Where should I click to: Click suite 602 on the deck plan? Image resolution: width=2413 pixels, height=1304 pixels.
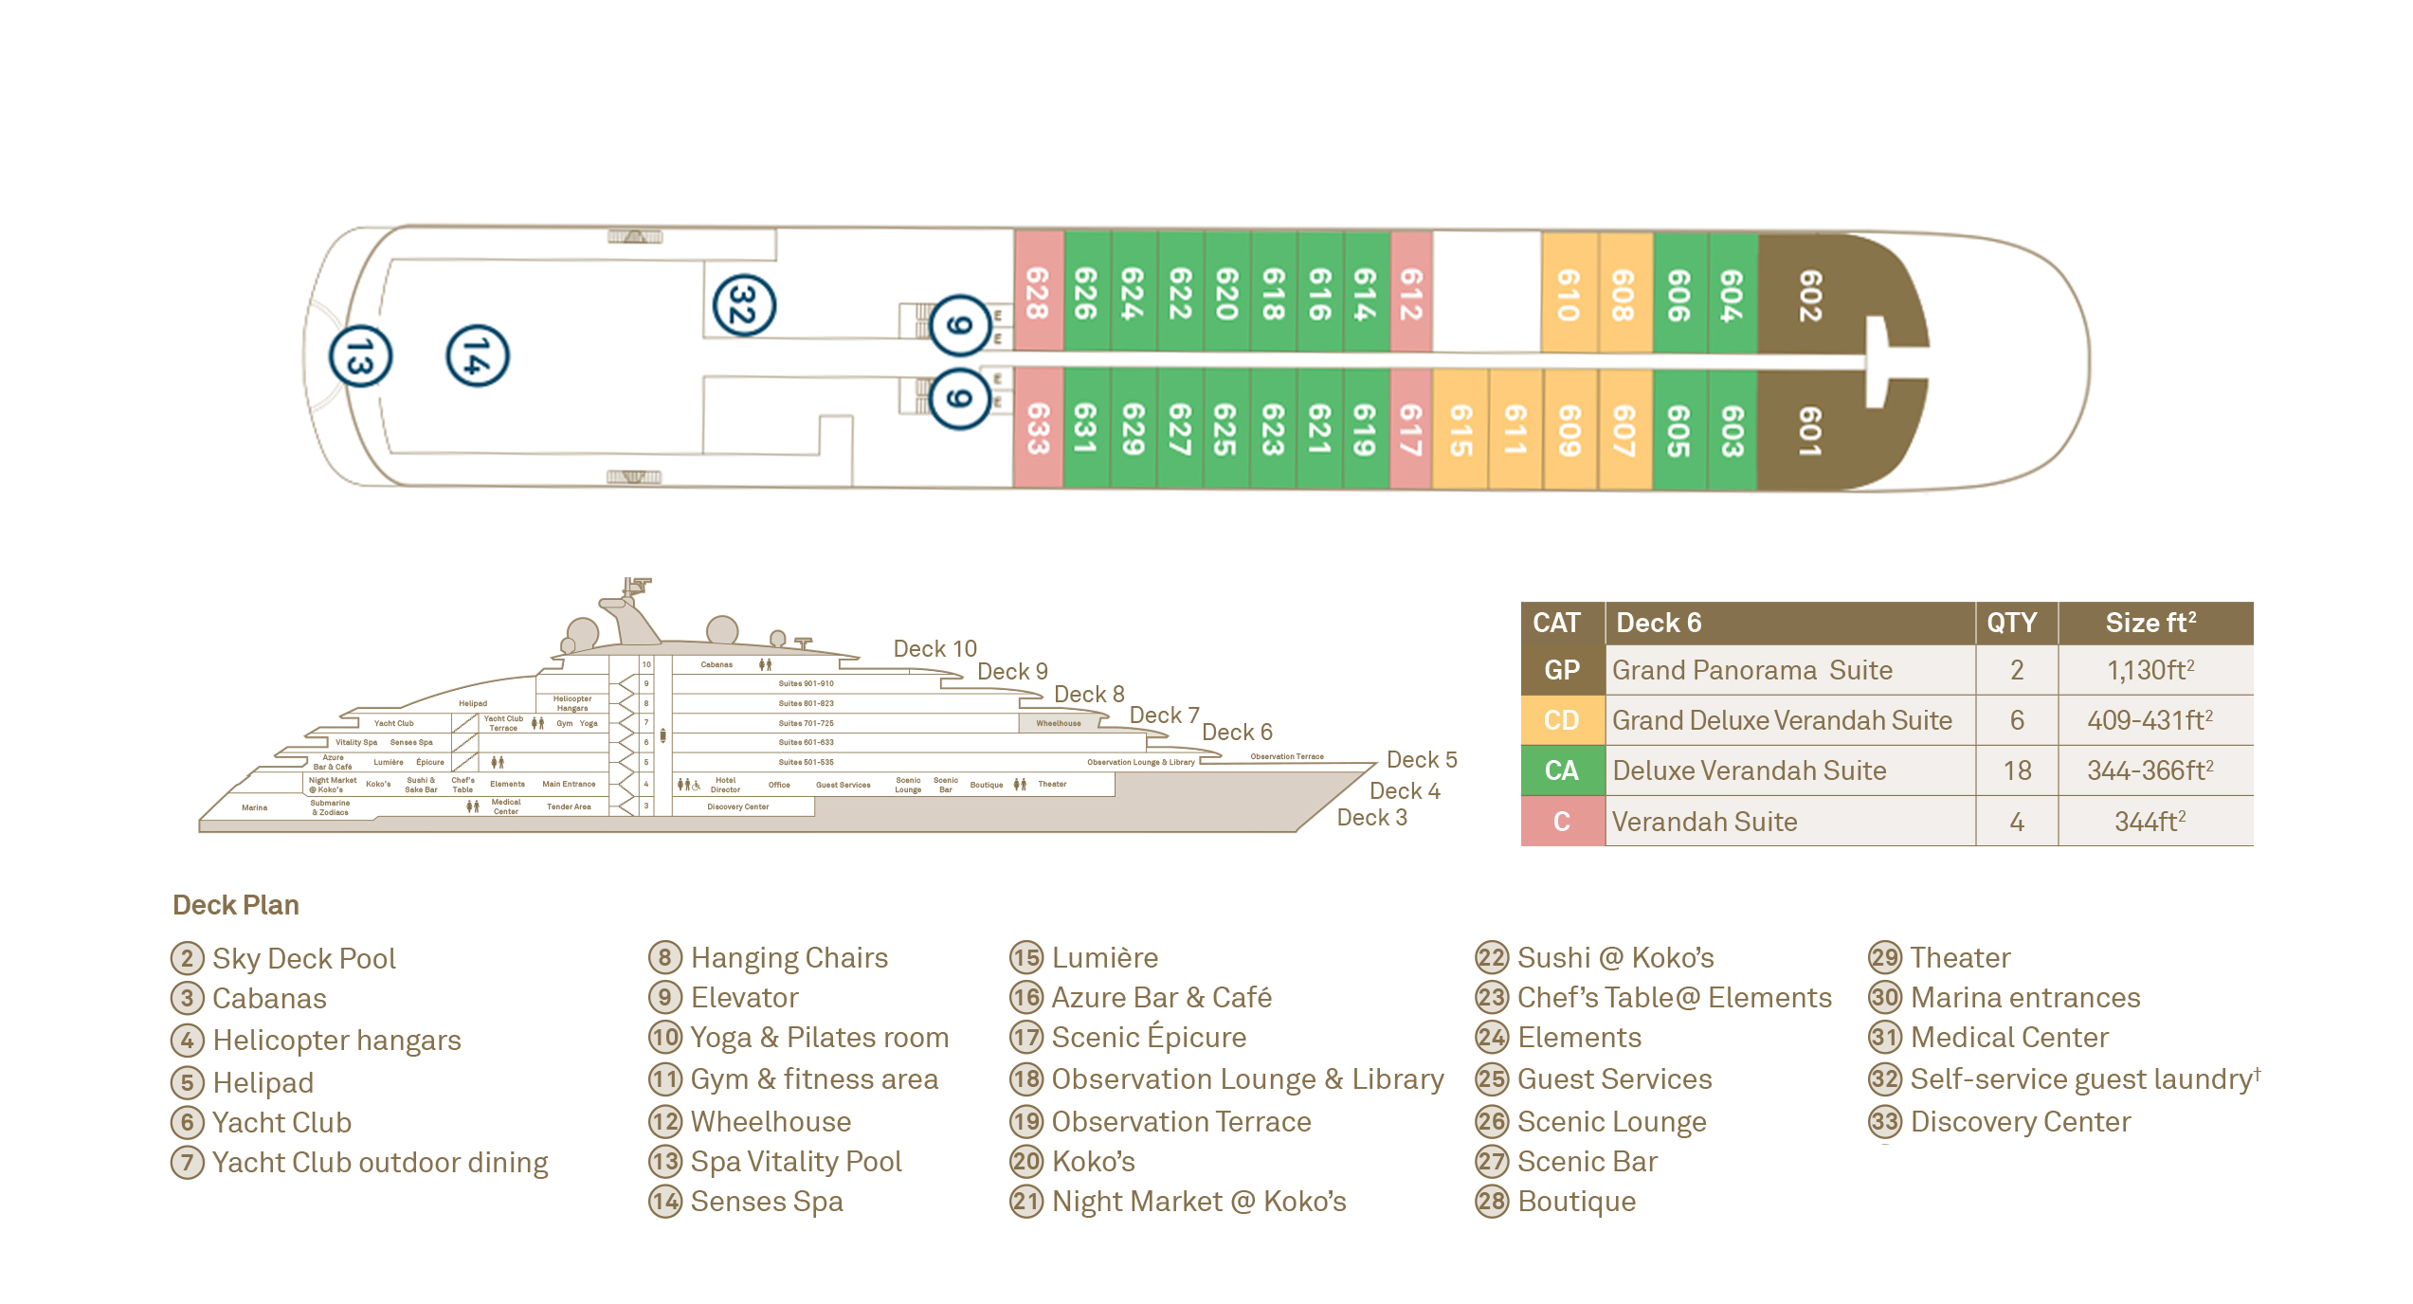point(1809,295)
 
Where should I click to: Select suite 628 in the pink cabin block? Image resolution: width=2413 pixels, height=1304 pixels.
point(1038,293)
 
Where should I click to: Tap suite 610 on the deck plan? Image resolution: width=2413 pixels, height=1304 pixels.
point(1569,294)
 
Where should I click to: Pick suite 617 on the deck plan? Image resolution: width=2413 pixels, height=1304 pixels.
point(1411,429)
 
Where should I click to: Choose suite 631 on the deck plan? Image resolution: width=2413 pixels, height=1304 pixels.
point(1085,428)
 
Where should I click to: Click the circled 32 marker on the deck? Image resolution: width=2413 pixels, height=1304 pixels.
point(744,305)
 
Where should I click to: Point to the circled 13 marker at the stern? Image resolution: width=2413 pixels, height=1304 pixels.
point(360,357)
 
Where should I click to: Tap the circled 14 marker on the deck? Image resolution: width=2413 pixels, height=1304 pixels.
point(478,356)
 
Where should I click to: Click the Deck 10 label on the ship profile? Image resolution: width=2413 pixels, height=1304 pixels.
point(934,649)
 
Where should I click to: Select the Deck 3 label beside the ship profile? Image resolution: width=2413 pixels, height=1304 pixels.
point(1371,818)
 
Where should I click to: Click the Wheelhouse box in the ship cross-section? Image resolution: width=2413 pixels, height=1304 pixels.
point(1058,723)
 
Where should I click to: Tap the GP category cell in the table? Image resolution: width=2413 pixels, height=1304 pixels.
point(1562,671)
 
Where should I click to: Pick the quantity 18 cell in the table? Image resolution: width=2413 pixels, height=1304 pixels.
point(2016,771)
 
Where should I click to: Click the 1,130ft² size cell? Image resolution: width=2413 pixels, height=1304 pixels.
point(2150,671)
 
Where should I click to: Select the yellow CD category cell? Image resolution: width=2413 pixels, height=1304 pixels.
point(1562,721)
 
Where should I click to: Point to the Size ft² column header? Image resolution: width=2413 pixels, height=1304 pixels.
point(2150,624)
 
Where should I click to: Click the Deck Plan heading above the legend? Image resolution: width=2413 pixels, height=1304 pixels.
point(236,905)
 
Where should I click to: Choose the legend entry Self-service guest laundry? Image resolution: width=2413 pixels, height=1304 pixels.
point(2080,1079)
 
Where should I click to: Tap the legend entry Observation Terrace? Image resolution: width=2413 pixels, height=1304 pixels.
point(1180,1122)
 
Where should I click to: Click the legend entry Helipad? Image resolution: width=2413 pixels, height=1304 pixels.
point(263,1082)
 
